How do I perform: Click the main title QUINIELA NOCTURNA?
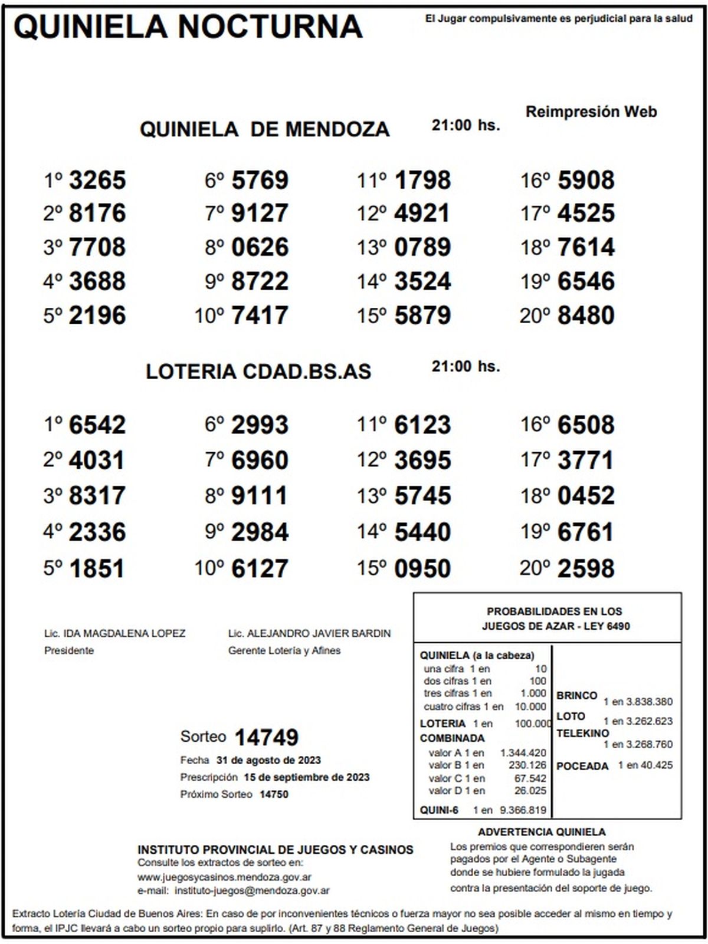pyautogui.click(x=188, y=27)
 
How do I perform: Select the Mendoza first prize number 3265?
pyautogui.click(x=97, y=180)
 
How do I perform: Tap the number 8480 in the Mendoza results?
pyautogui.click(x=586, y=315)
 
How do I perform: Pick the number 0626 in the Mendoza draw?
pyautogui.click(x=260, y=248)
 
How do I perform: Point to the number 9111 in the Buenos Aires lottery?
pyautogui.click(x=260, y=496)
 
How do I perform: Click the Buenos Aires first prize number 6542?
pyautogui.click(x=97, y=425)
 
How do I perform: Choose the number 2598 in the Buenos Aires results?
pyautogui.click(x=586, y=568)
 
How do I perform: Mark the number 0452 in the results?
pyautogui.click(x=586, y=496)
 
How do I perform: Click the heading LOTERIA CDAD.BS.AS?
pyautogui.click(x=258, y=371)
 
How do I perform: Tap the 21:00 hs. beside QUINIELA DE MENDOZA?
pyautogui.click(x=466, y=125)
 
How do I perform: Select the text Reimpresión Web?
pyautogui.click(x=591, y=111)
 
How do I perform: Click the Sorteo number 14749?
pyautogui.click(x=267, y=737)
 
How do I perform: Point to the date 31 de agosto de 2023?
pyautogui.click(x=268, y=760)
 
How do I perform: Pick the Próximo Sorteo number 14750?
pyautogui.click(x=274, y=794)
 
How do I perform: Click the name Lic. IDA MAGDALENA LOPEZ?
pyautogui.click(x=115, y=633)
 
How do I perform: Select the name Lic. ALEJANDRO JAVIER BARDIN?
pyautogui.click(x=309, y=633)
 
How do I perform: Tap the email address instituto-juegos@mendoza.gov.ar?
pyautogui.click(x=253, y=890)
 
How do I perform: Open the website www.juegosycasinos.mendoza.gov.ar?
pyautogui.click(x=225, y=877)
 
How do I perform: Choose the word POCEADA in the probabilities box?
pyautogui.click(x=582, y=766)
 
